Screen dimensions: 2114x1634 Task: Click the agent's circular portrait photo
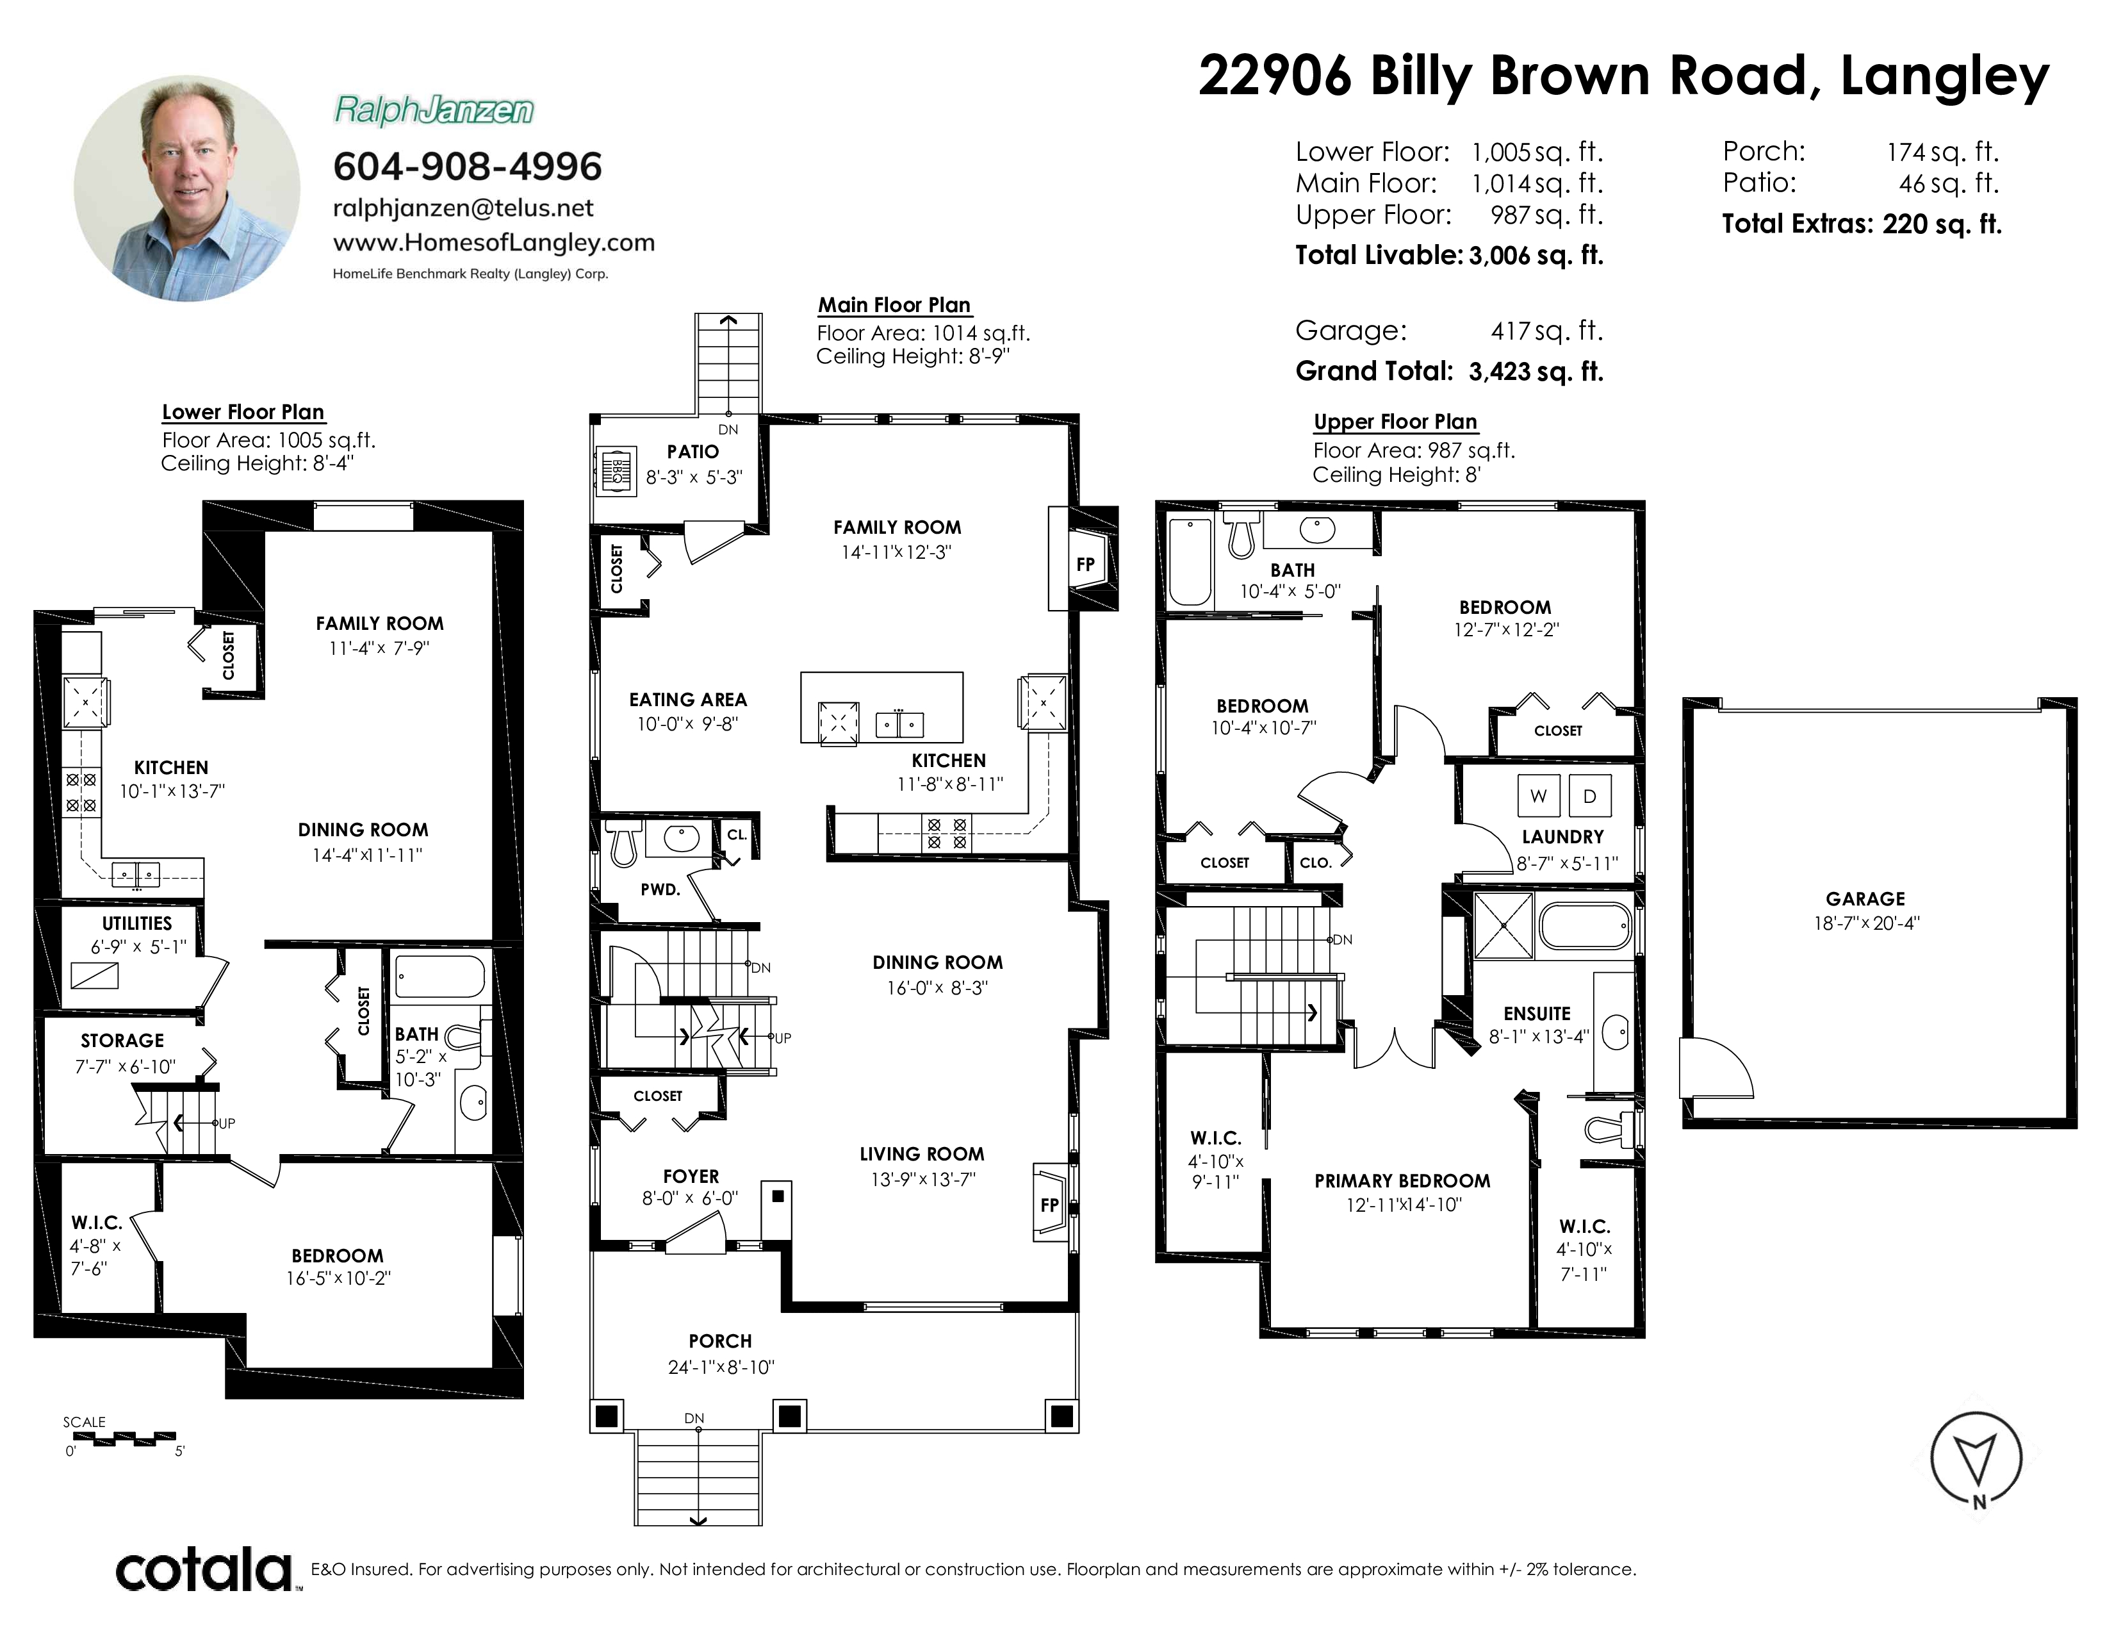187,189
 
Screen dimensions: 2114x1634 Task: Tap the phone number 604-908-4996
468,167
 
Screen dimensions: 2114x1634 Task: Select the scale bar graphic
124,1439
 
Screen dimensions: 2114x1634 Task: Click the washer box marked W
1538,796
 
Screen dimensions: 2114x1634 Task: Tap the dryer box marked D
1589,796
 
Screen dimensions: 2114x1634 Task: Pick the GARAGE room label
1865,899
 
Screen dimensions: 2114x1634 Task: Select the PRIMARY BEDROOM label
1402,1181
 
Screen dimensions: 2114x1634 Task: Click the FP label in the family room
1086,565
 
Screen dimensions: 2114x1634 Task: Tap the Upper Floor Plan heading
1395,422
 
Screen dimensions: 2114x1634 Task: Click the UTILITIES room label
138,923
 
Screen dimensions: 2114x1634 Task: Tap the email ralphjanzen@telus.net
463,208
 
